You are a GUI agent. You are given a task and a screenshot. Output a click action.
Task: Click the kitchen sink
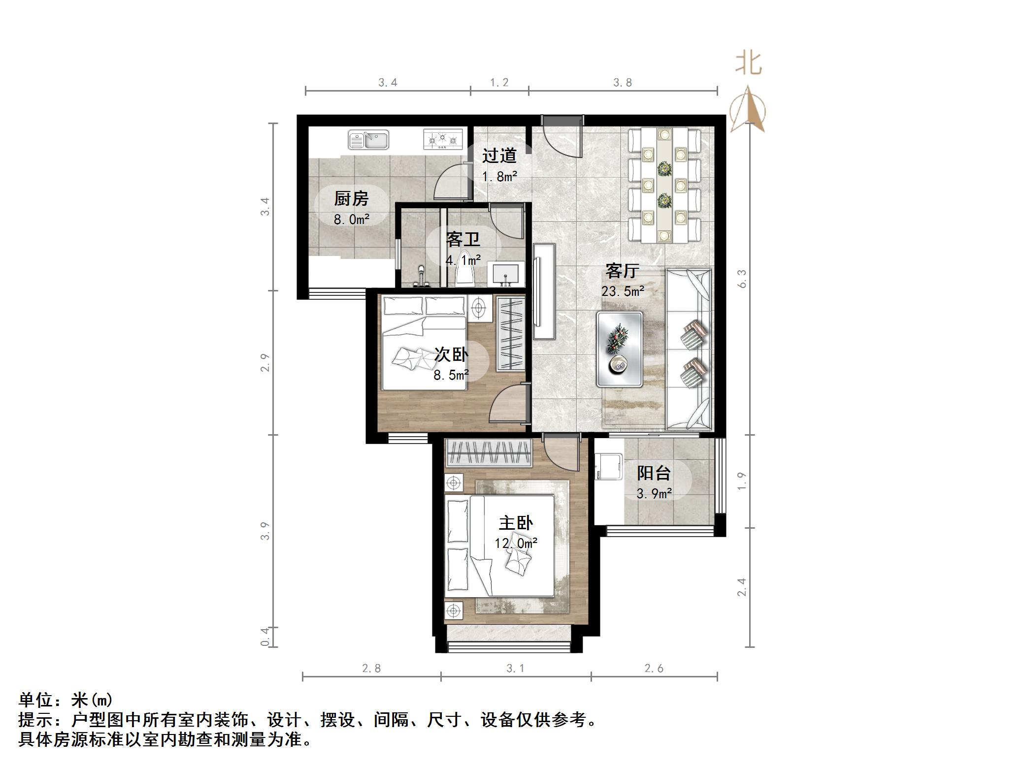tap(368, 140)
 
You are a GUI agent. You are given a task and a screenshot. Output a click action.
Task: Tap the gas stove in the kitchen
tap(443, 139)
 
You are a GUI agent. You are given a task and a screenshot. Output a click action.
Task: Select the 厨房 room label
tap(351, 199)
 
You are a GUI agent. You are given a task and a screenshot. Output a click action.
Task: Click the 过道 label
tap(499, 156)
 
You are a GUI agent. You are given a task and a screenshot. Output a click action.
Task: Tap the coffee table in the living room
tap(619, 349)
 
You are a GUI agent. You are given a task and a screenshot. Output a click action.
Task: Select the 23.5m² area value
tap(623, 291)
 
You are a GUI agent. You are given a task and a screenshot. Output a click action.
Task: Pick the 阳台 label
tap(654, 474)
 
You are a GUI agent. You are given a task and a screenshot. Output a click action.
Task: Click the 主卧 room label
tap(516, 523)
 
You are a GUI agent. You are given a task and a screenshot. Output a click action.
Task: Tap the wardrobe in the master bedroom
tap(488, 452)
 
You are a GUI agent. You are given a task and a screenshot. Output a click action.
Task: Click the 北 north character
tap(749, 64)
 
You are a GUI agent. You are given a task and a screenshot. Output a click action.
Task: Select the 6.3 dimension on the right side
tap(742, 279)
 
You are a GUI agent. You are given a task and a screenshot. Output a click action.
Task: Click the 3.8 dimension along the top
tap(623, 83)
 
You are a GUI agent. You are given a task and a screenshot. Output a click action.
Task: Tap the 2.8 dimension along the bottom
tap(371, 668)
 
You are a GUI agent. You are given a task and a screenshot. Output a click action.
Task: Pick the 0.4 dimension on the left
tap(265, 637)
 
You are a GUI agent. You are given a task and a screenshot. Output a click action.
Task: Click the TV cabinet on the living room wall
tap(544, 291)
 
